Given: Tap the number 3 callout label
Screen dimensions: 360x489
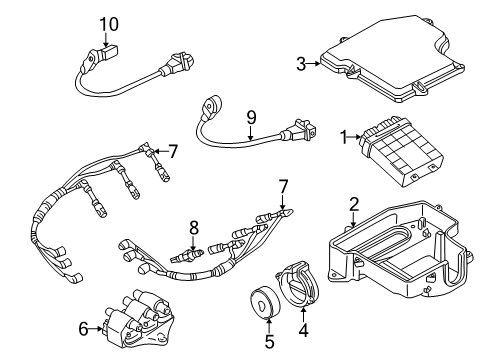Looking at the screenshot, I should click(300, 64).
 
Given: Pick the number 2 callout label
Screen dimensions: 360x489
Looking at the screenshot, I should click(353, 206).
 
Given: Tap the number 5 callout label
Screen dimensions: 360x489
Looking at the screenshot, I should click(267, 340).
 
